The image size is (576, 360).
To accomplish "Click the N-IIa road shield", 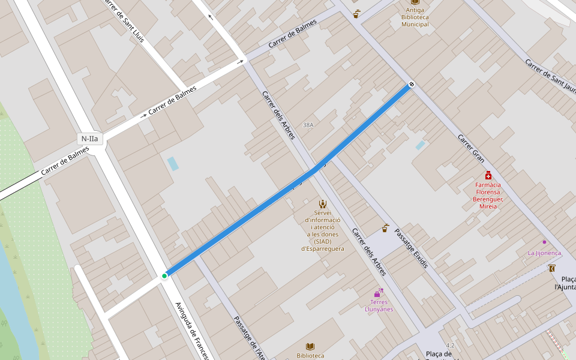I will point(90,139).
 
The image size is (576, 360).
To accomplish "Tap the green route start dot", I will point(164,276).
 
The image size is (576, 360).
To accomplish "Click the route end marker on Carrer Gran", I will point(412,84).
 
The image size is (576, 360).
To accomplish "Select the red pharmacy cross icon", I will point(488,175).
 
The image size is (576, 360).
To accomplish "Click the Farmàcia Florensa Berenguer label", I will point(488,196).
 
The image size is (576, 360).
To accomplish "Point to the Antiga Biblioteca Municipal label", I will point(415,17).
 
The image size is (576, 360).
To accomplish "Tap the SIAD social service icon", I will point(323,204).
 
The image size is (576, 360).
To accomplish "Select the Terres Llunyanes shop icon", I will point(378,293).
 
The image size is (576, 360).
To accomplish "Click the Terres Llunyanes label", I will point(379,305).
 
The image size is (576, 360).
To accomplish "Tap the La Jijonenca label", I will point(544,253).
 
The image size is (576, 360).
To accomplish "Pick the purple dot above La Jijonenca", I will point(544,242).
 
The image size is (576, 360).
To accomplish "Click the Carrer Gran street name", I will point(471,148).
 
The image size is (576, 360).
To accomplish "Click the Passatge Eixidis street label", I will point(412,248).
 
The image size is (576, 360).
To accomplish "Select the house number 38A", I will point(308,125).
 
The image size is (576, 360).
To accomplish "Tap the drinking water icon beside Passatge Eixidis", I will point(385,229).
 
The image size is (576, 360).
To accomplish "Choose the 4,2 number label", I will point(451,346).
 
